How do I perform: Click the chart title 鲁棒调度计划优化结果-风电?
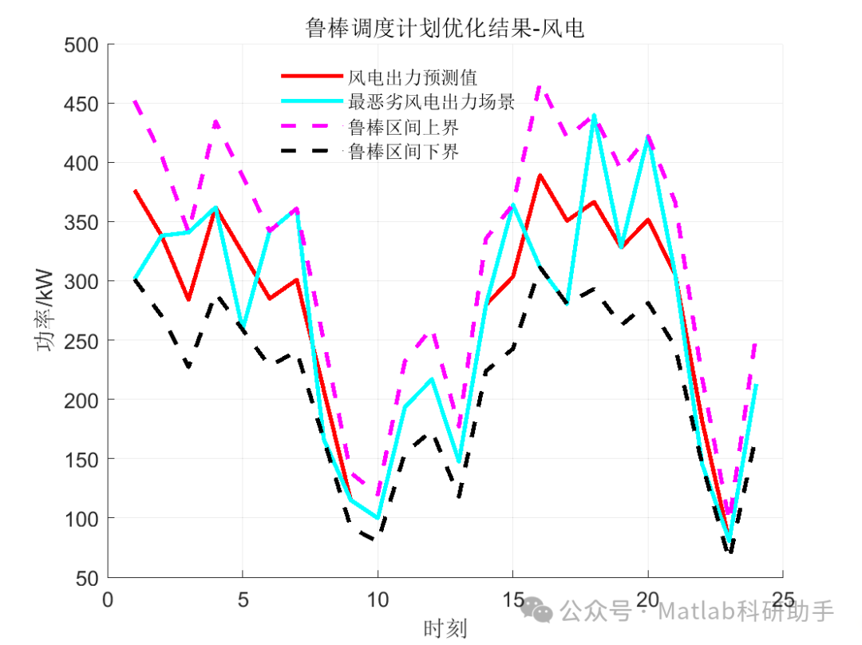pos(445,29)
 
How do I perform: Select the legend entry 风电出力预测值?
pos(413,77)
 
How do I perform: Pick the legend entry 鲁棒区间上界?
pos(404,127)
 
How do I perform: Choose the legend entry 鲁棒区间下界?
pos(404,152)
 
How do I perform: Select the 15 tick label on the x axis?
pos(512,599)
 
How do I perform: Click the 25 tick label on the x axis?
pos(782,599)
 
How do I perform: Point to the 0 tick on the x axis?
pos(109,599)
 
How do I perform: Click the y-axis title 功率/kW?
pos(45,311)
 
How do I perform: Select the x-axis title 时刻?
pos(445,628)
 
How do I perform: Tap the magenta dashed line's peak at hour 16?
pos(540,85)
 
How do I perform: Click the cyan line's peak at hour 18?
pos(594,116)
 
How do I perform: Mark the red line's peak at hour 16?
pos(540,175)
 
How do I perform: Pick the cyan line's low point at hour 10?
pos(378,518)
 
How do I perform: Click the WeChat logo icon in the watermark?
pos(540,611)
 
